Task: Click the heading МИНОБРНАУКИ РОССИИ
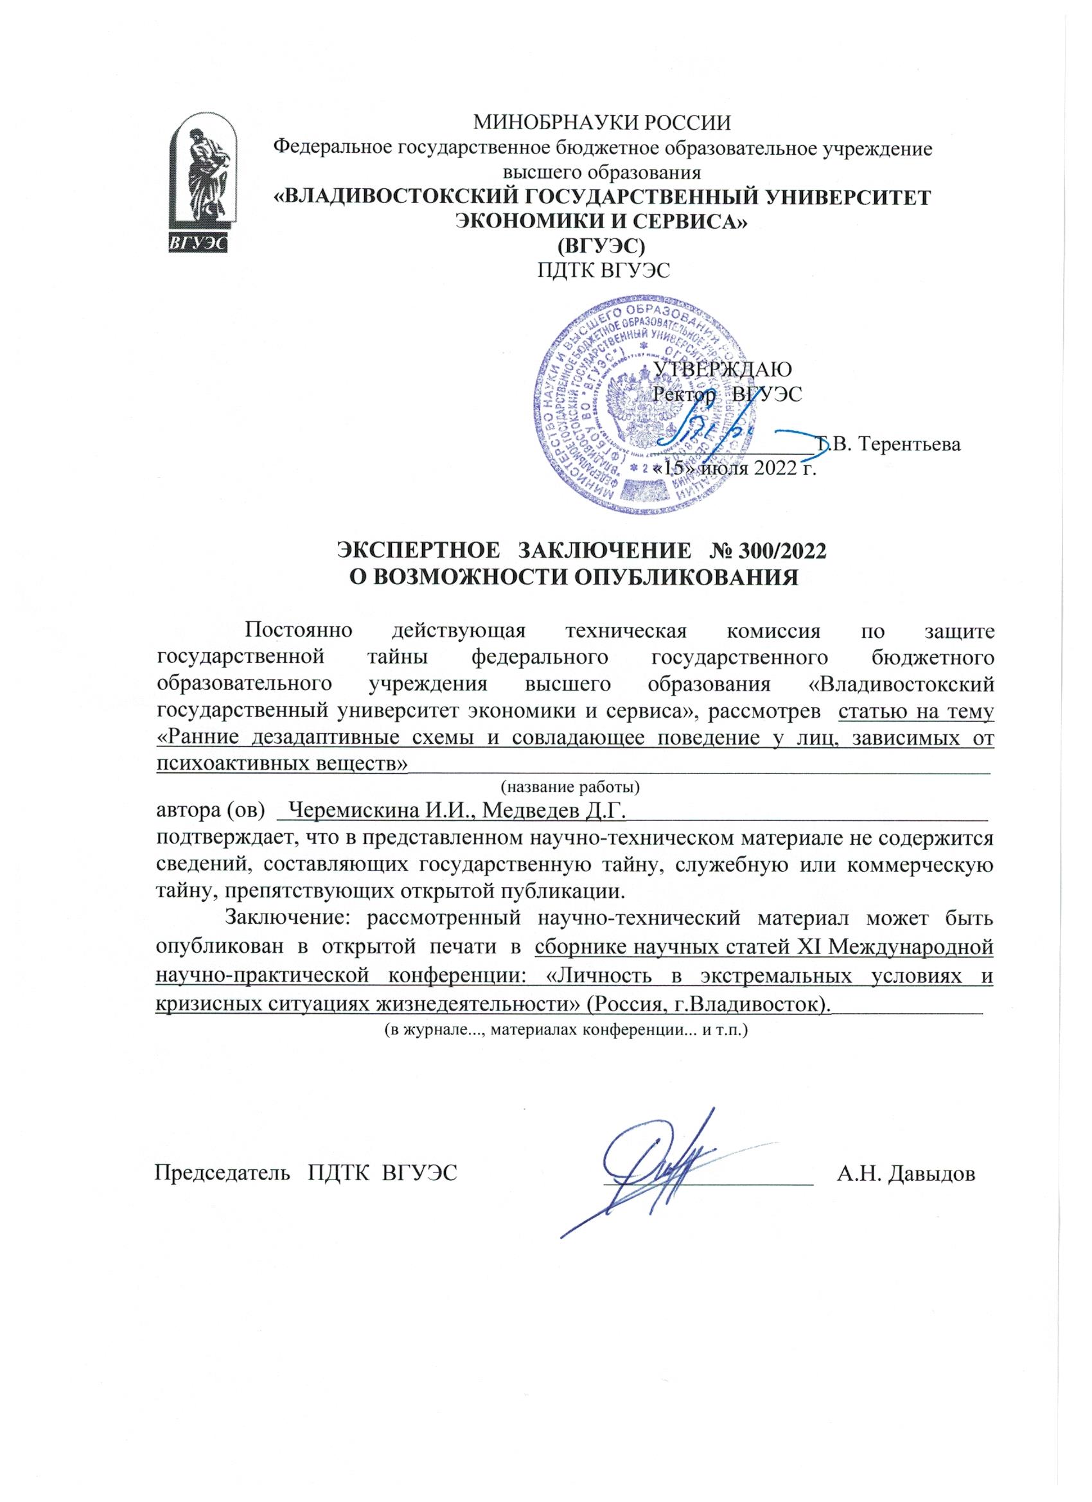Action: pos(602,123)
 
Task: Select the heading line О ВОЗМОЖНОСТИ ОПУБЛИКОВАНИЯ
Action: pos(574,577)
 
